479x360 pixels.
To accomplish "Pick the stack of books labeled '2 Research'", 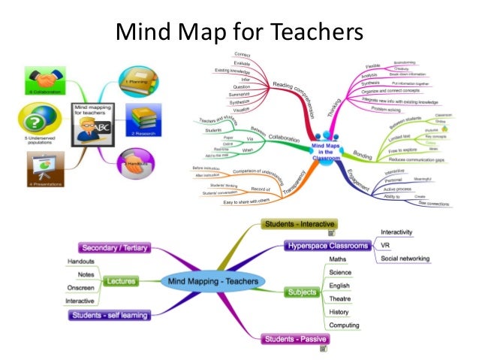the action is point(144,119).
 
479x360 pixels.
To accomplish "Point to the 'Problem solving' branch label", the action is point(387,108).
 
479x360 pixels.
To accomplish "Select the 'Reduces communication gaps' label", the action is point(417,160).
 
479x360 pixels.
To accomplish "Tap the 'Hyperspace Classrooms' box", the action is point(329,246).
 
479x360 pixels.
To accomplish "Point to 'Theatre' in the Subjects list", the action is point(339,298).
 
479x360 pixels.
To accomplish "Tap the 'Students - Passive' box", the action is point(294,340).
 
